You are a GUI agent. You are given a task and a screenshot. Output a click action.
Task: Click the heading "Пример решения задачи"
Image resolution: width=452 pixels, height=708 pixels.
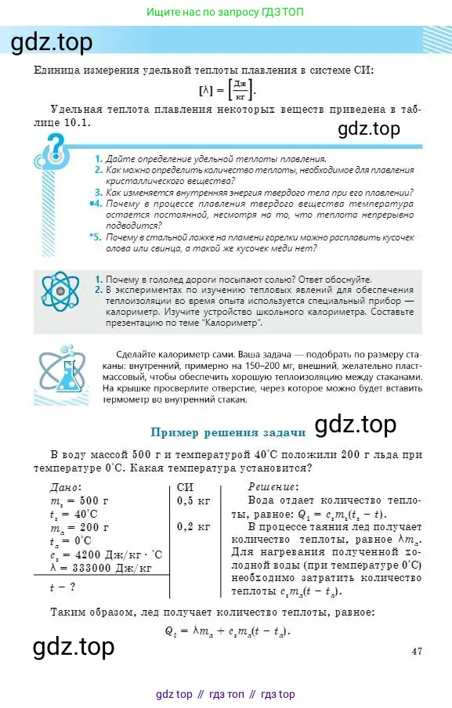point(227,432)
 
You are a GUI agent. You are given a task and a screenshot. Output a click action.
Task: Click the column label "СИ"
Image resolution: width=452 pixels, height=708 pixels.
point(186,486)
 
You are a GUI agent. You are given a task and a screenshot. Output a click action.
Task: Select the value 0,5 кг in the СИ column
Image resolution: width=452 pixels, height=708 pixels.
point(194,500)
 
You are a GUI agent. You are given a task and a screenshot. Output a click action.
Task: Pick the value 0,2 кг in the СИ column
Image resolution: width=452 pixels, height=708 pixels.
point(194,526)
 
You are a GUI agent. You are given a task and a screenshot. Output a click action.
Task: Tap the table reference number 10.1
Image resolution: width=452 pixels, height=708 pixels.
point(78,123)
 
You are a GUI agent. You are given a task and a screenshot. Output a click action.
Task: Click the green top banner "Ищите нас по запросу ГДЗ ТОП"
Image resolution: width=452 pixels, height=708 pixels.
point(226,13)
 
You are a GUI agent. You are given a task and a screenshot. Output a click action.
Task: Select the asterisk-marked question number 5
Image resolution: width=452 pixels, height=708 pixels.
point(95,237)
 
